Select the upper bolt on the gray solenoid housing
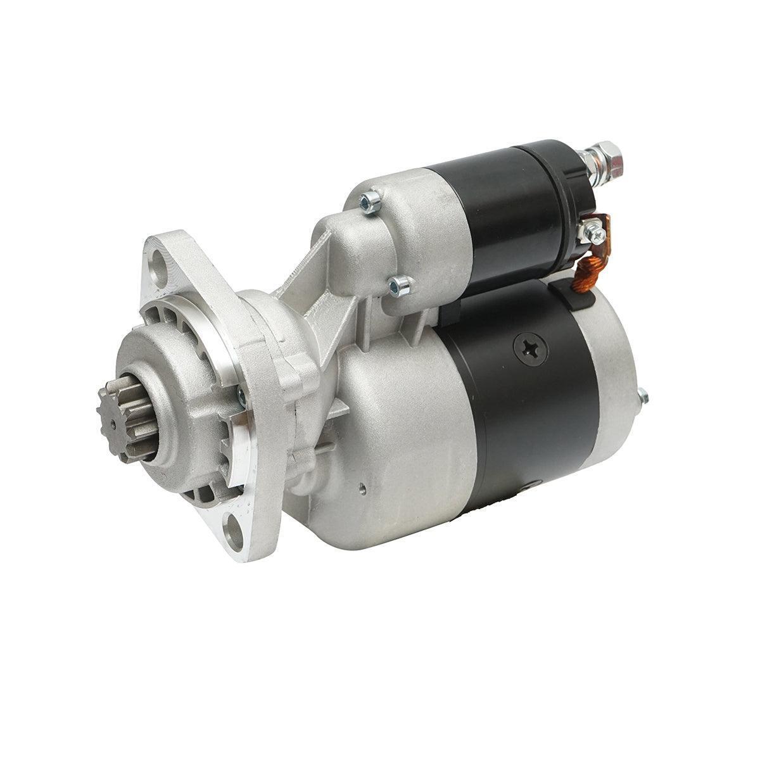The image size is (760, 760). click(369, 202)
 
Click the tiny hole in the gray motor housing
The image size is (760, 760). click(362, 488)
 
